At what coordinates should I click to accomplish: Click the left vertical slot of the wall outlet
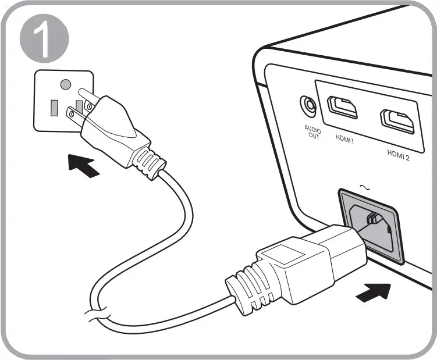[x=54, y=108]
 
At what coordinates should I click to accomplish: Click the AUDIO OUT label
[x=313, y=133]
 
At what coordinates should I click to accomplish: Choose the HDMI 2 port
[x=397, y=121]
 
